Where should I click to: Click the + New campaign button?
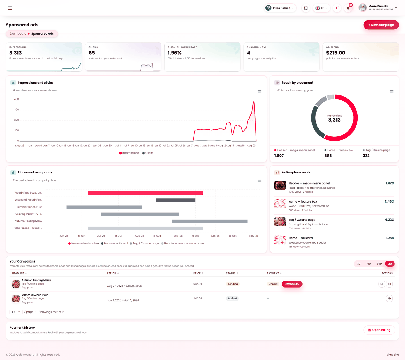[x=381, y=25]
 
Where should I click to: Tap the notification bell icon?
[x=348, y=8]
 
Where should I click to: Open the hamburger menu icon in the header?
[x=10, y=8]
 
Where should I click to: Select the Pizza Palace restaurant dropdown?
[x=280, y=8]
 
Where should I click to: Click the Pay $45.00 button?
[x=292, y=284]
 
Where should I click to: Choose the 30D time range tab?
[x=379, y=263]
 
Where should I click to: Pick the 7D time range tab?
[x=358, y=263]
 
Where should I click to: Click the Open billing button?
[x=379, y=330]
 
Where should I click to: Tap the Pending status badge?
[x=233, y=284]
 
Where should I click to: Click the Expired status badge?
[x=232, y=299]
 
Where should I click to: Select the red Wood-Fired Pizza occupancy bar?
[x=145, y=193]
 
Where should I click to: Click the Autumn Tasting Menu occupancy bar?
[x=210, y=221]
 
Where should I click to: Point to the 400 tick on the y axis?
[x=17, y=99]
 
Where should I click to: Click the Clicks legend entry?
[x=148, y=153]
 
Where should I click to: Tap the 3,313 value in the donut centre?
[x=334, y=120]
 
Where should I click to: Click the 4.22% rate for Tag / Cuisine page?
[x=390, y=220]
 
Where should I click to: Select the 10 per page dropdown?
[x=16, y=312]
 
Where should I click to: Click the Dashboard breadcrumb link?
[x=18, y=33]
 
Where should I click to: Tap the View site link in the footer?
[x=392, y=354]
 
